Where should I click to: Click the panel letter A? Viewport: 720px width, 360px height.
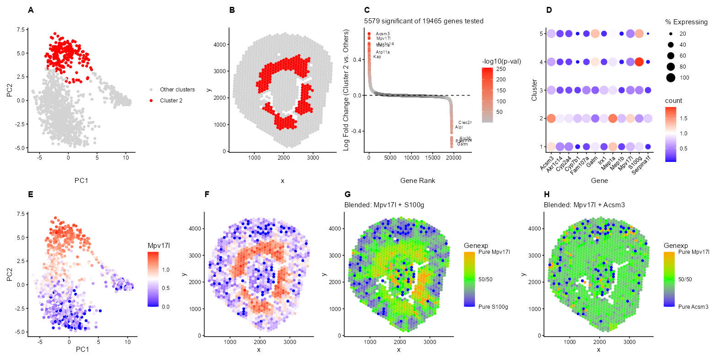[x=31, y=10]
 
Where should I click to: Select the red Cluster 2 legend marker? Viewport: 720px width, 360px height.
[x=151, y=101]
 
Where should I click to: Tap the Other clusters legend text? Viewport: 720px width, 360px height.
[x=177, y=90]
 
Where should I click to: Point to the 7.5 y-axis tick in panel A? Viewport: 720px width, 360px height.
[x=21, y=30]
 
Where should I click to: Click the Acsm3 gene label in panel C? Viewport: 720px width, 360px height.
[x=383, y=34]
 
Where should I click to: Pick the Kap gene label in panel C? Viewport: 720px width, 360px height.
[x=377, y=57]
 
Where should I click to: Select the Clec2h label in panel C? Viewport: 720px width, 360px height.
[x=465, y=123]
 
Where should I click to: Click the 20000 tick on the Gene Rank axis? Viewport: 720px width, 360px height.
[x=454, y=158]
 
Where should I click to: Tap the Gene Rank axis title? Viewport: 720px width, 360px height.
[x=418, y=181]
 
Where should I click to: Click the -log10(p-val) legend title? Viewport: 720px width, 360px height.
[x=501, y=61]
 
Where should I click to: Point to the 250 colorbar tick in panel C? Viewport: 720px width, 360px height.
[x=501, y=69]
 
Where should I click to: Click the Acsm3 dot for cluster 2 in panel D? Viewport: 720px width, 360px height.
[x=551, y=118]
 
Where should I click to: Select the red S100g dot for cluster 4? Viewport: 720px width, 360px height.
[x=639, y=62]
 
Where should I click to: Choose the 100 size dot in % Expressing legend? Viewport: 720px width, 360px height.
[x=671, y=78]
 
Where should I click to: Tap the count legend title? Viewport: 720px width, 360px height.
[x=673, y=101]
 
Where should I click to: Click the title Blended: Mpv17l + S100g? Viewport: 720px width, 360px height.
[x=384, y=205]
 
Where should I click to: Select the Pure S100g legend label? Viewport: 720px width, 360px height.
[x=493, y=307]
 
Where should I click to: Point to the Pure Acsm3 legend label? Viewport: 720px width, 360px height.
[x=693, y=307]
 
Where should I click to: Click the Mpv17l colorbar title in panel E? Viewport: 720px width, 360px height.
[x=159, y=246]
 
